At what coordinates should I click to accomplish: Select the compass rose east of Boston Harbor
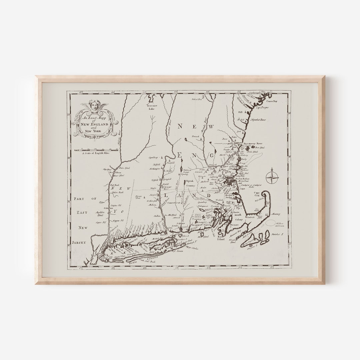click(x=273, y=176)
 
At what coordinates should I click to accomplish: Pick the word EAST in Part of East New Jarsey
click(x=81, y=212)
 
